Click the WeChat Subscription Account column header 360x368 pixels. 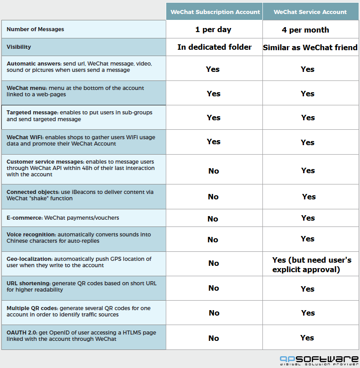click(214, 12)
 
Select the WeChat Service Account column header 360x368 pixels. click(310, 12)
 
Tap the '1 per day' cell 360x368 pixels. click(213, 30)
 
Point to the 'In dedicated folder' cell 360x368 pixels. click(214, 47)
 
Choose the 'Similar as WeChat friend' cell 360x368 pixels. click(310, 47)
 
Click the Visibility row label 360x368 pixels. click(19, 47)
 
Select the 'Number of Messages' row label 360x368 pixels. click(35, 29)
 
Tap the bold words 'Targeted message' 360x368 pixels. click(32, 112)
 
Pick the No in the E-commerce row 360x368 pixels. click(213, 219)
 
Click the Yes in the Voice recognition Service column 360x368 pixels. click(308, 239)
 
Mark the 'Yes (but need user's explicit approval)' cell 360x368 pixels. click(312, 264)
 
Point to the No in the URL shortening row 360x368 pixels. click(214, 288)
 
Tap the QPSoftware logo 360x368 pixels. click(319, 360)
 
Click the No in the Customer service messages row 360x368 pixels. click(214, 171)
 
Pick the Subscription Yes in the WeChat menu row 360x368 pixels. click(214, 94)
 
